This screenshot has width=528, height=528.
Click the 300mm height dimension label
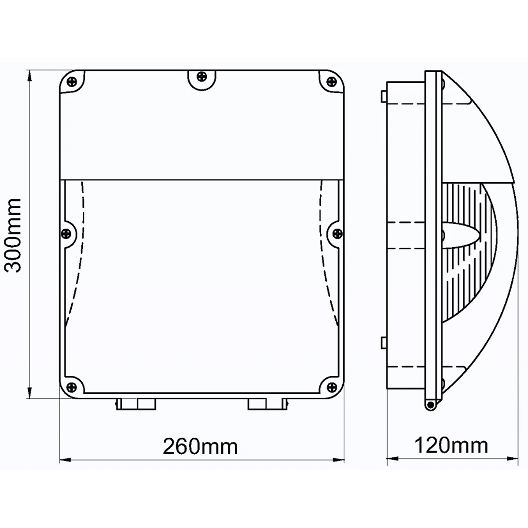point(13,235)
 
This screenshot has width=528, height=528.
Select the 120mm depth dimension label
point(451,446)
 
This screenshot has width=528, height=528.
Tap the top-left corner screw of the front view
point(72,81)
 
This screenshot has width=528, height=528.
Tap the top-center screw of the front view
point(202,77)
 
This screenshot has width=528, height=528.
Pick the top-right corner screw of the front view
point(332,81)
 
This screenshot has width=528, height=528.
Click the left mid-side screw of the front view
point(66,234)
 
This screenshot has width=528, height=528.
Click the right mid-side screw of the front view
point(337,233)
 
